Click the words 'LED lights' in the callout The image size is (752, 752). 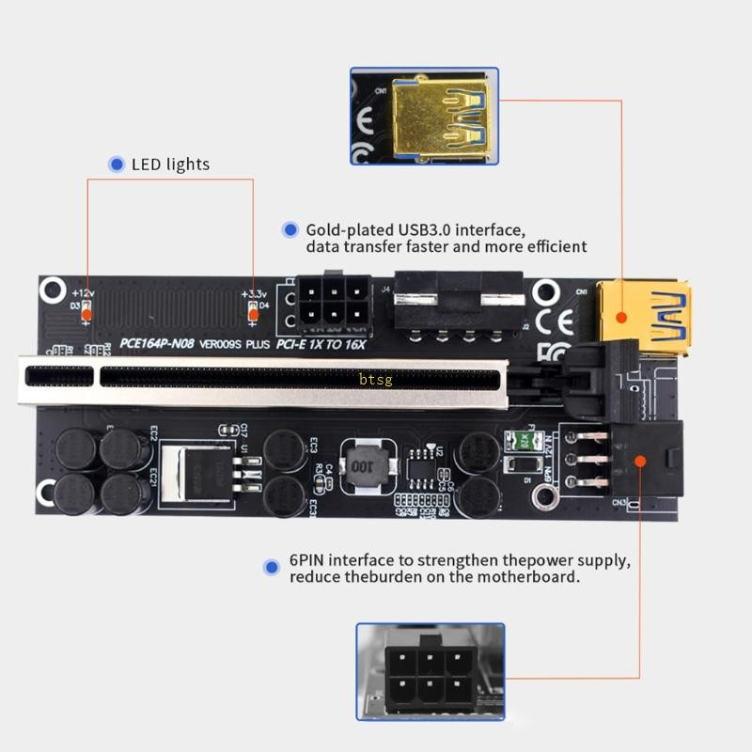pyautogui.click(x=170, y=164)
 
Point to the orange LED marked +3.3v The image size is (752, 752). pyautogui.click(x=252, y=312)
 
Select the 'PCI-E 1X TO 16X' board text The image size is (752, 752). pyautogui.click(x=320, y=344)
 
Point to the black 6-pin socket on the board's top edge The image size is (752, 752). pyautogui.click(x=330, y=304)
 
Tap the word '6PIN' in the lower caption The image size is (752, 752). pyautogui.click(x=308, y=561)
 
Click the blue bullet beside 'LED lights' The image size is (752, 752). pyautogui.click(x=117, y=164)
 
